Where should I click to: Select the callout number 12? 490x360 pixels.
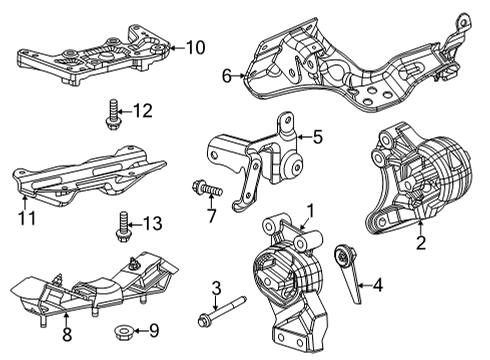(144, 110)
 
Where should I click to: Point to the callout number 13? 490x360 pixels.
(152, 222)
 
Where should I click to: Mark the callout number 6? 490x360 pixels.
(227, 73)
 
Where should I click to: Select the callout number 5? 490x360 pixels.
(317, 139)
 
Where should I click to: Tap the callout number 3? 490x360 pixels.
(215, 290)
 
